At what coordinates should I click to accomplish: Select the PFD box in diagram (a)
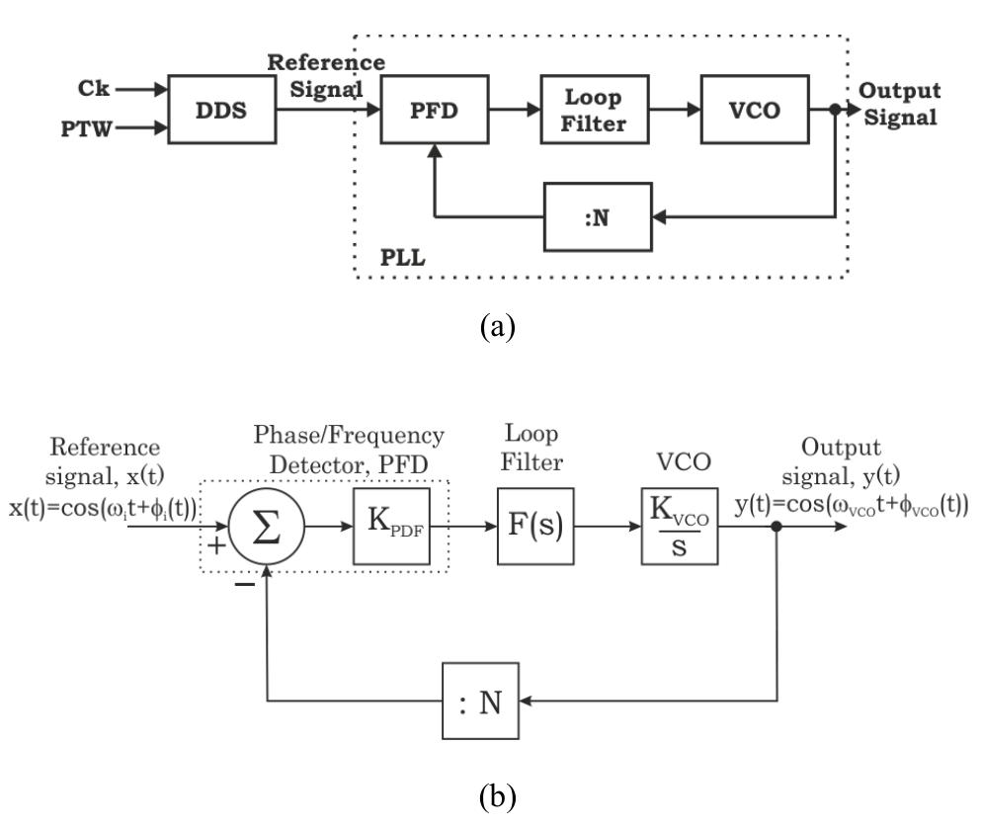pyautogui.click(x=436, y=110)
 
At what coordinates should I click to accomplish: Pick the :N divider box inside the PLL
pyautogui.click(x=597, y=216)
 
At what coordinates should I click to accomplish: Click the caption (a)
pyautogui.click(x=491, y=326)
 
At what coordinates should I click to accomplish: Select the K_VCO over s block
pyautogui.click(x=680, y=525)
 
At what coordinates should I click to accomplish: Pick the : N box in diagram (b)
pyautogui.click(x=480, y=703)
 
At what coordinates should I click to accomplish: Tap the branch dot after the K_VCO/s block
pyautogui.click(x=778, y=527)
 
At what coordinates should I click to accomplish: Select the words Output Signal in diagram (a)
pyautogui.click(x=898, y=103)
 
